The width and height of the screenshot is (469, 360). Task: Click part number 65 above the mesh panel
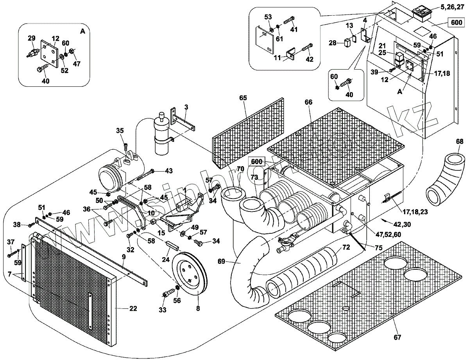tap(243, 99)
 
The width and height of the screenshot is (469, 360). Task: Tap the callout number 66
tap(309, 102)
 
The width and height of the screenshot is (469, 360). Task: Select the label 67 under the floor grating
tap(397, 337)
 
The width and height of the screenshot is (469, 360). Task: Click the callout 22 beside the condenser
tap(133, 308)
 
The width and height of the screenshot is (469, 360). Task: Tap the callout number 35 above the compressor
tap(120, 131)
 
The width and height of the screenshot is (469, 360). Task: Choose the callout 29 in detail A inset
tap(31, 38)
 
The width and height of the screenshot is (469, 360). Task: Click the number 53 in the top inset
tap(268, 17)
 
